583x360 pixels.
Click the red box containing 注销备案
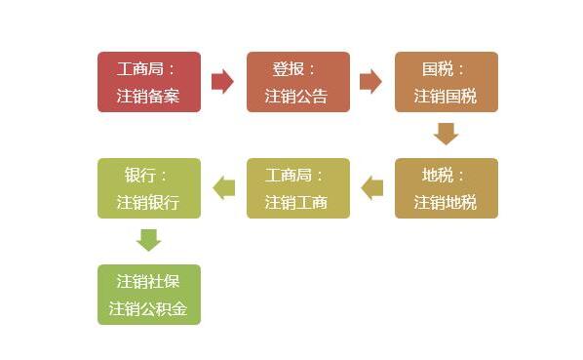(x=148, y=82)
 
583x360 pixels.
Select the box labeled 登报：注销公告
(x=297, y=82)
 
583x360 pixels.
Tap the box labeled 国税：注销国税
(x=446, y=82)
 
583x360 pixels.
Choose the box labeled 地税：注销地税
(x=446, y=188)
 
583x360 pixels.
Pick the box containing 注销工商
(x=297, y=188)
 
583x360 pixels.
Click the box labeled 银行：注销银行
(x=148, y=188)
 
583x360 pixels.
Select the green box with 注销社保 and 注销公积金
(x=148, y=295)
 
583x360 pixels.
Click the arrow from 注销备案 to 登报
(x=222, y=82)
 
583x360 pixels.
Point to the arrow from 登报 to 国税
(x=370, y=82)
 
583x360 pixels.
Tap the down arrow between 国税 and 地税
(x=446, y=134)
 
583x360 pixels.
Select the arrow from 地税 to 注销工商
(x=371, y=187)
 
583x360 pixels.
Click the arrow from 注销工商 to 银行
(x=223, y=187)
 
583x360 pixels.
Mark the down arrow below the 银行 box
(x=148, y=240)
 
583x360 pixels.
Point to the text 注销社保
(x=148, y=281)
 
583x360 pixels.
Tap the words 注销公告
(x=296, y=97)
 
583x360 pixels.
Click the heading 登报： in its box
(x=295, y=69)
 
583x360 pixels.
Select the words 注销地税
(x=446, y=203)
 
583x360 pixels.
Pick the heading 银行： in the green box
(x=146, y=176)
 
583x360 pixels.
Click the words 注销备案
(x=148, y=97)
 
